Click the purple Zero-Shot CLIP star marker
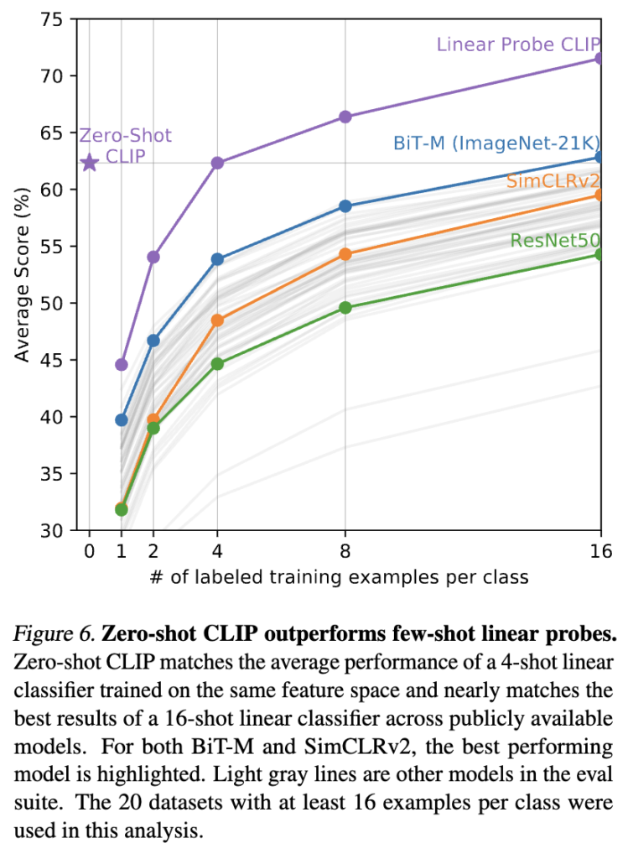[90, 163]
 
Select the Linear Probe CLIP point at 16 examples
[600, 58]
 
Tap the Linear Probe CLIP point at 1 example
[122, 364]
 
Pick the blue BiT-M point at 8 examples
[345, 206]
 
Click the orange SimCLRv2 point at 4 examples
[217, 320]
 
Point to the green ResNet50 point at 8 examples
[345, 308]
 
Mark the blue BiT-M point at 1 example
[122, 419]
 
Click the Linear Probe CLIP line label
[519, 44]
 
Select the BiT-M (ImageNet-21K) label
[496, 143]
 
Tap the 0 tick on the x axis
[90, 554]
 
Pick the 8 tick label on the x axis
[345, 554]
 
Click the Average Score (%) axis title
[23, 274]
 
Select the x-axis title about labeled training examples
[339, 578]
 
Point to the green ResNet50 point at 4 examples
[217, 364]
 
